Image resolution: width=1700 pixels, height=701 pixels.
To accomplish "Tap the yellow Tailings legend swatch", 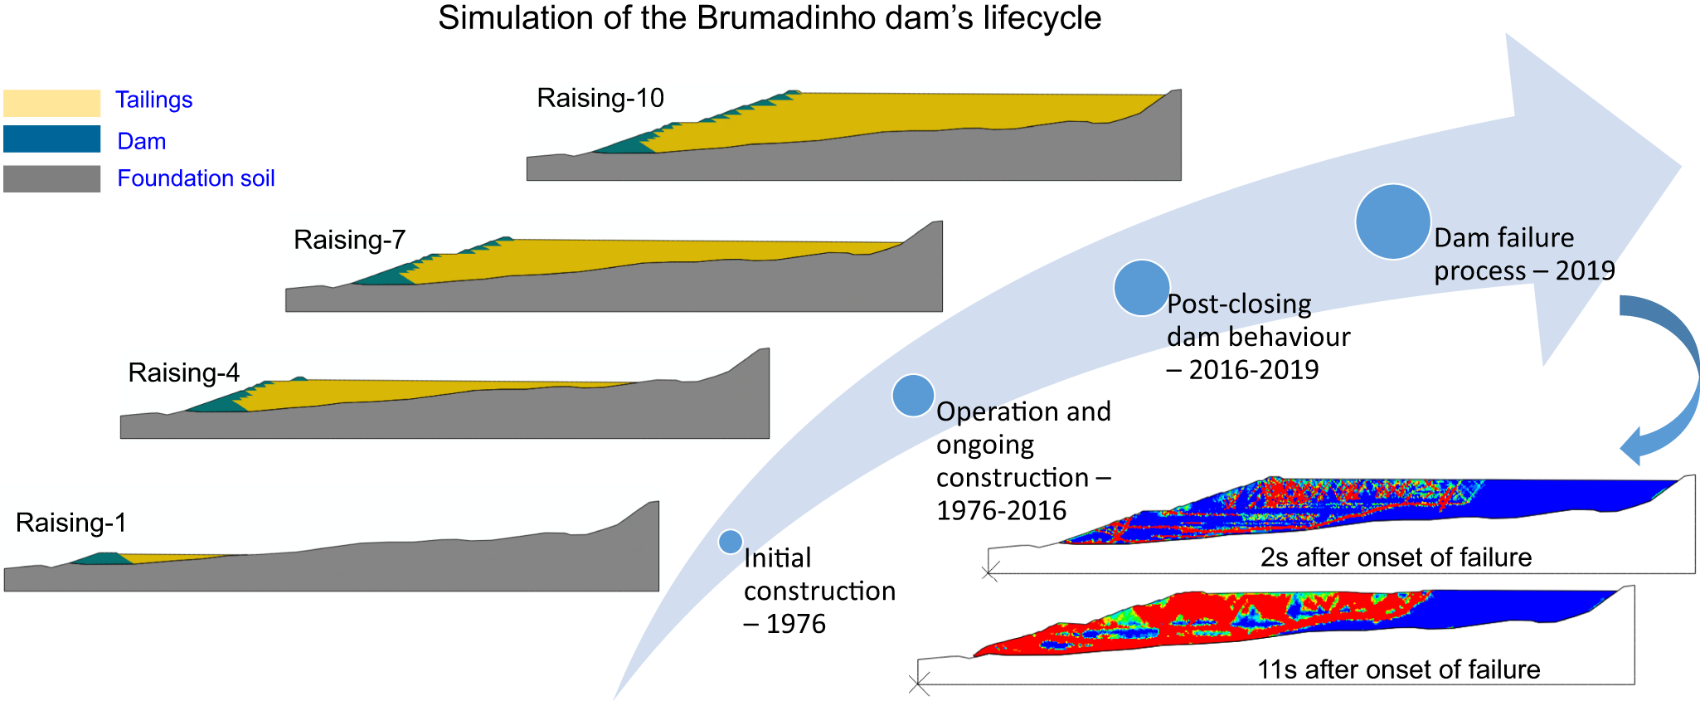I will [51, 103].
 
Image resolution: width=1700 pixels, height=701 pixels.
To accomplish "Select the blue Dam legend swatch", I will [51, 139].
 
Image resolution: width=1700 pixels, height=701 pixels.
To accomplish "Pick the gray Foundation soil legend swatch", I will [51, 178].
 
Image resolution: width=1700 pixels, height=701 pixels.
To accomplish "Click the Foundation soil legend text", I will [196, 178].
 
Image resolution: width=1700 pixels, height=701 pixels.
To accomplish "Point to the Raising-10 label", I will [600, 98].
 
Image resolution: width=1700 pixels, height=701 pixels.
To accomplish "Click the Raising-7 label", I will [349, 240].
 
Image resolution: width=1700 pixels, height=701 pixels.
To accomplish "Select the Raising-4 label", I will [183, 372].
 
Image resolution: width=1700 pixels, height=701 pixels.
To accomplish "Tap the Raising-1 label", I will [71, 523].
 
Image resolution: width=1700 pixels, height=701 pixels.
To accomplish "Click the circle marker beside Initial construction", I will [730, 542].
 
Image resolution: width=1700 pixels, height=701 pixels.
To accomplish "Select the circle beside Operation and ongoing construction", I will [913, 395].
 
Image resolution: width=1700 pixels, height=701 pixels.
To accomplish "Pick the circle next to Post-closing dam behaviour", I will [1141, 288].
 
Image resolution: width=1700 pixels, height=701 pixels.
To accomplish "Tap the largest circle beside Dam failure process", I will [1392, 221].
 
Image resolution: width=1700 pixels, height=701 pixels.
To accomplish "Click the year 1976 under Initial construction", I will [795, 624].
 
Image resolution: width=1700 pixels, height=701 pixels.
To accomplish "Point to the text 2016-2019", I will [1254, 370].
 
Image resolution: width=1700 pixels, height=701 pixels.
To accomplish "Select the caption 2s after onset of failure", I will [1396, 557].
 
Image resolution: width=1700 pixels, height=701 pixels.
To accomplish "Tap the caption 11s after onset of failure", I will [1398, 669].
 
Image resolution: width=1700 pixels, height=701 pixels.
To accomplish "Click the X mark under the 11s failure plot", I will [919, 684].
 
